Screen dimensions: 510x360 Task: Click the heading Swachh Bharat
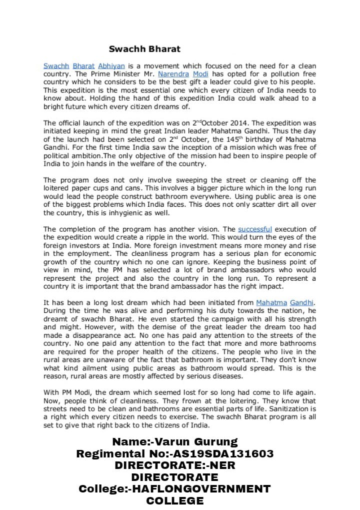click(144, 49)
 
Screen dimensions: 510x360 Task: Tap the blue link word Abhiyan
click(111, 66)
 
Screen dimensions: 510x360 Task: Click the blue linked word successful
click(254, 229)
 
